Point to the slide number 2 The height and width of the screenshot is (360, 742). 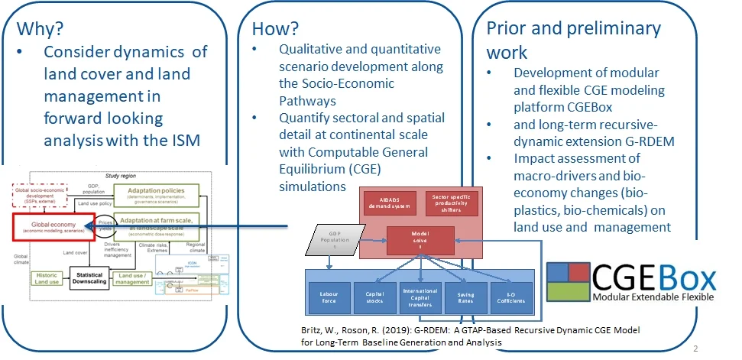point(695,349)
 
